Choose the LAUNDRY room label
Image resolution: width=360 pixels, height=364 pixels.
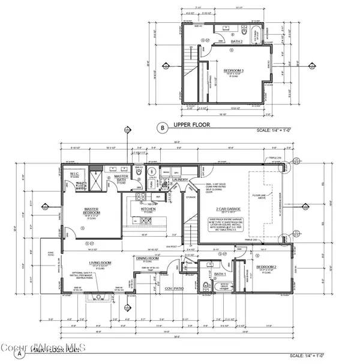(x=182, y=179)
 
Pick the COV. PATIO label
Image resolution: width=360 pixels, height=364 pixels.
(x=174, y=288)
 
